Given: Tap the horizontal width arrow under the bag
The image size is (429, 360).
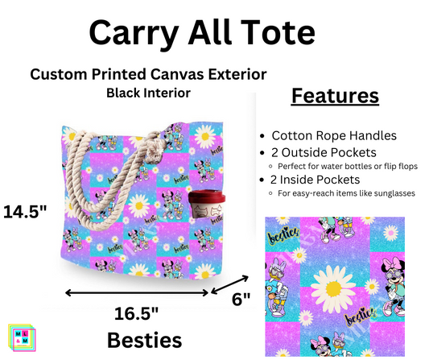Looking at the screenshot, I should pyautogui.click(x=138, y=292).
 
